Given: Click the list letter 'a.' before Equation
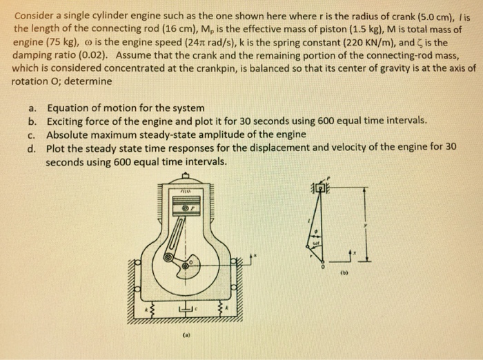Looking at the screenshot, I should [32, 108].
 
